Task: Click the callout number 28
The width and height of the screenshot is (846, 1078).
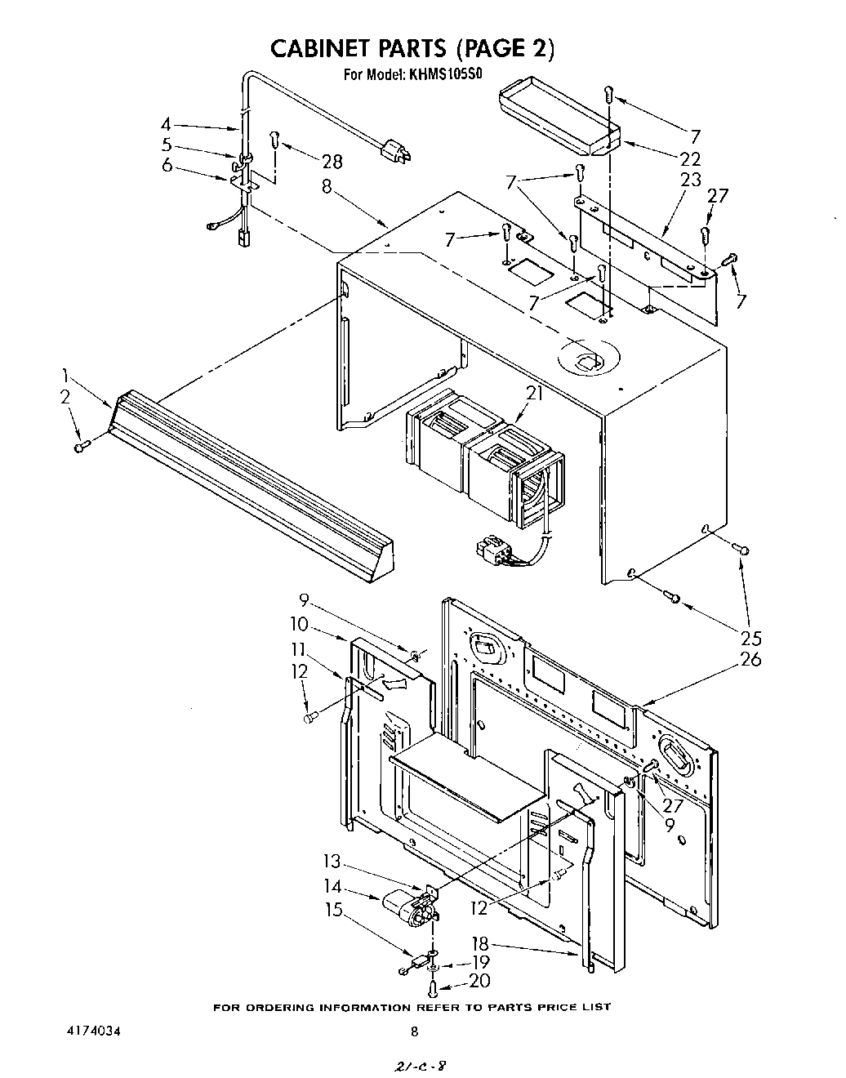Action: point(332,162)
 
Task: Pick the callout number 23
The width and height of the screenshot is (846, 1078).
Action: point(691,180)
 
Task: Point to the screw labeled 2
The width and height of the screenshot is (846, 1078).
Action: point(80,447)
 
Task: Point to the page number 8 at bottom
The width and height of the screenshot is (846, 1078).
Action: point(414,1031)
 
